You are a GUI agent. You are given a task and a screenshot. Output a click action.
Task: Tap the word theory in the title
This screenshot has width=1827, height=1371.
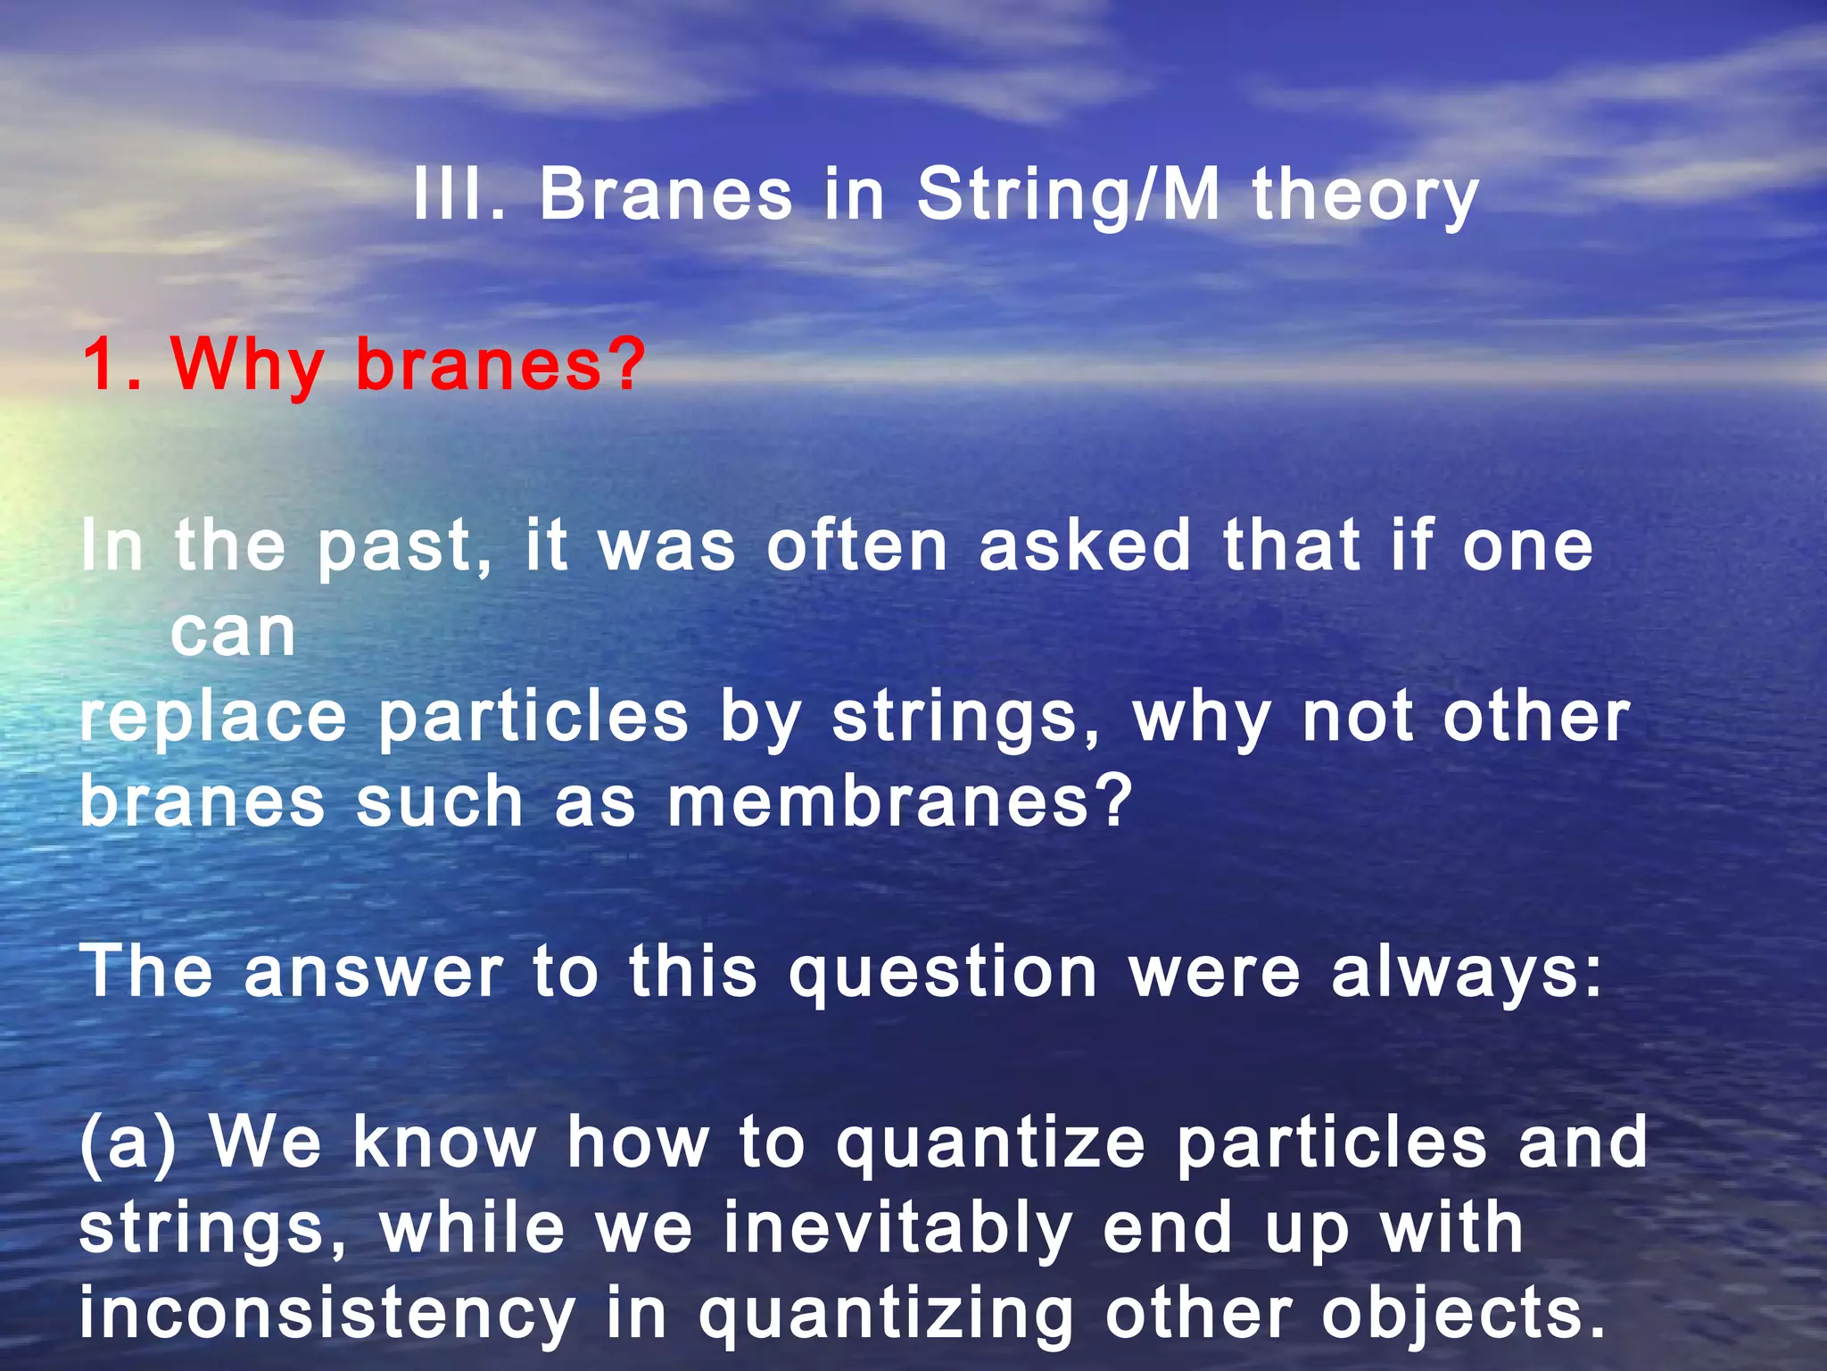1366,196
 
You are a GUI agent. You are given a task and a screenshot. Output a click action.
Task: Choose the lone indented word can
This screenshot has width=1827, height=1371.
233,632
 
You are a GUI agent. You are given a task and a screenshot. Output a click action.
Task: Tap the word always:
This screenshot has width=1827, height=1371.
1467,972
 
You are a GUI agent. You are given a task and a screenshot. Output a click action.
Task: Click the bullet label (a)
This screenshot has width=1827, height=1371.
128,1143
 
